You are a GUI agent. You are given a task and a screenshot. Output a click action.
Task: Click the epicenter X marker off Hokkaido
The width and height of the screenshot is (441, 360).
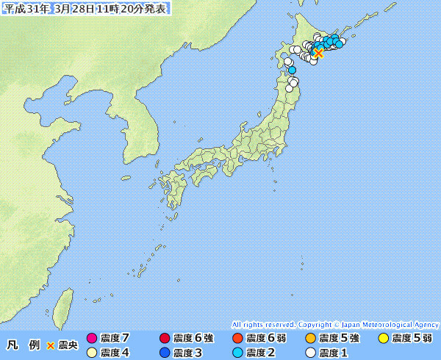(318, 53)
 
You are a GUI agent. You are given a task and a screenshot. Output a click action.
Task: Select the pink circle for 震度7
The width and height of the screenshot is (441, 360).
(92, 339)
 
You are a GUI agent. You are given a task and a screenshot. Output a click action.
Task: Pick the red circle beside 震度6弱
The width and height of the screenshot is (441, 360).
(237, 339)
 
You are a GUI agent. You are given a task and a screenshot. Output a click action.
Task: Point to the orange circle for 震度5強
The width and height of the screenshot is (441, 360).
(310, 339)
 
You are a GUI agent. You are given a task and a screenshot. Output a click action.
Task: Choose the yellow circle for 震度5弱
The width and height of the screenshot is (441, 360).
(384, 339)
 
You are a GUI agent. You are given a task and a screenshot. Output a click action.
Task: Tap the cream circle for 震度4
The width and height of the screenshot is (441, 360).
(92, 353)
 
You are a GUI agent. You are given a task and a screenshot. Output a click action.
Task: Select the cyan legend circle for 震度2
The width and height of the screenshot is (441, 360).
(237, 353)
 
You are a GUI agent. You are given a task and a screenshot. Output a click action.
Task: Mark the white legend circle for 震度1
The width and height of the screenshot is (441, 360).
(310, 353)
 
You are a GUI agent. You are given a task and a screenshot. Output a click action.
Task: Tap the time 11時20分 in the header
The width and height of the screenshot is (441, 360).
(118, 8)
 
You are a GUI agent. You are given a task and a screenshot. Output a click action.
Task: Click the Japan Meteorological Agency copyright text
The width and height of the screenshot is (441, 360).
(335, 324)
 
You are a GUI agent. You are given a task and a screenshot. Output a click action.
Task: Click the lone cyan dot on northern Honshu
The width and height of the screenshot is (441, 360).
(292, 71)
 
